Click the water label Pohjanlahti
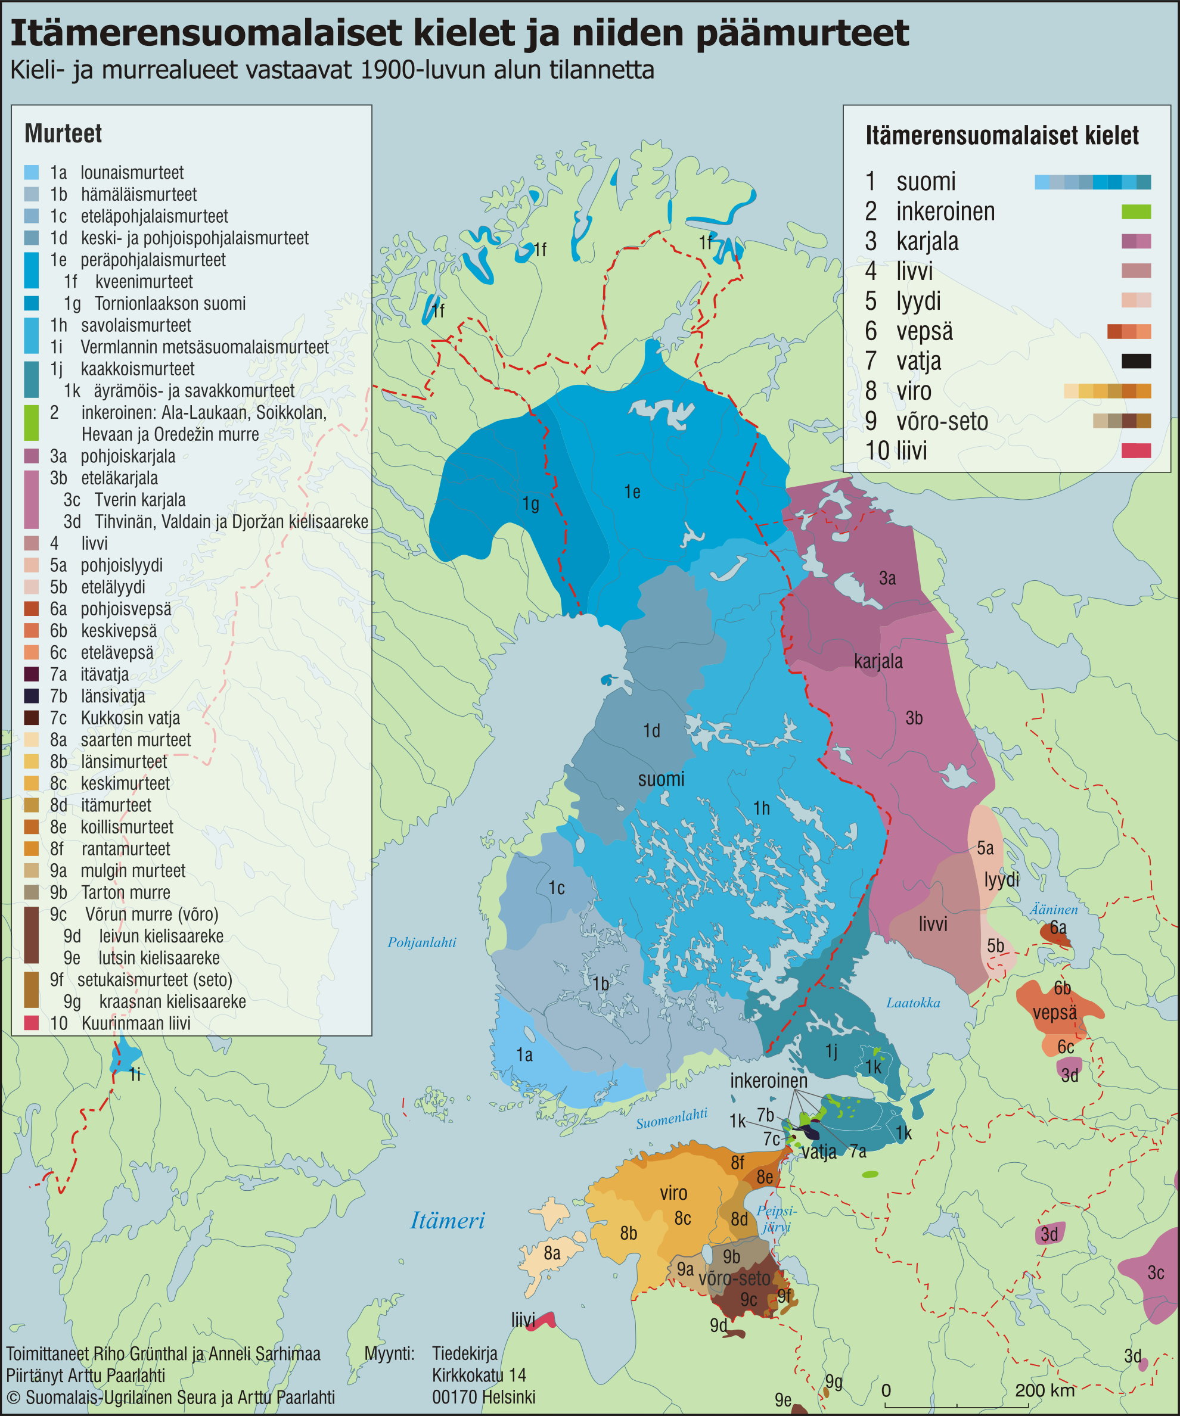point(422,942)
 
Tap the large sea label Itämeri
point(448,1221)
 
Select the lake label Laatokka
point(913,1003)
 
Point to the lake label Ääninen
point(1053,910)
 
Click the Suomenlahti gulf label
point(671,1119)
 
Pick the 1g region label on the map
point(531,504)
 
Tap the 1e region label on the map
point(632,492)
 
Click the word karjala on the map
point(878,661)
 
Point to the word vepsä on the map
point(1054,1013)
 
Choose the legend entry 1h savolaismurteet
point(120,325)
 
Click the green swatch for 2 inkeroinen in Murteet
point(31,423)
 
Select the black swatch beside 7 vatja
point(1136,362)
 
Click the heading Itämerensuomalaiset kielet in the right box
point(1002,136)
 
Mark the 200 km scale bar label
point(1044,1390)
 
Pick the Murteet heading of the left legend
point(63,133)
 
